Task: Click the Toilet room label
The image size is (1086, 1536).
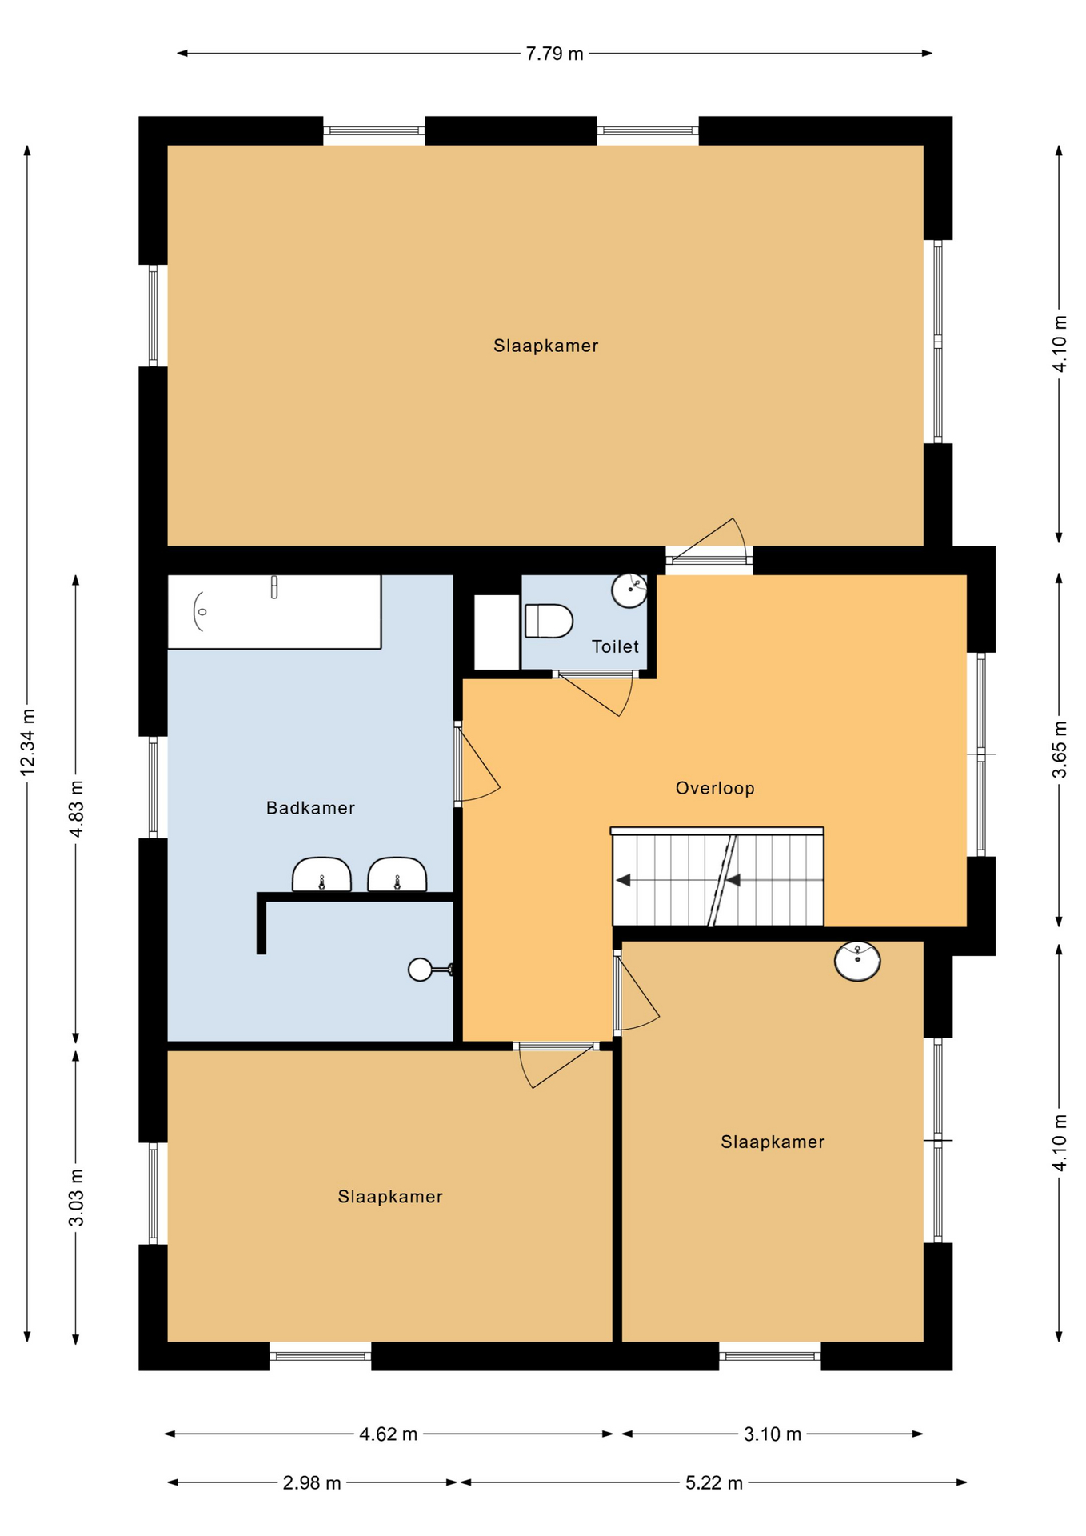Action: click(615, 646)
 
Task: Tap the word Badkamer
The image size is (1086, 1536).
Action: click(310, 808)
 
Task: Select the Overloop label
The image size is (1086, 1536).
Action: click(715, 788)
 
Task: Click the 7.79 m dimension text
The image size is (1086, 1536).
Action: click(554, 54)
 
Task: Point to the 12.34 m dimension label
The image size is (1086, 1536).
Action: click(27, 742)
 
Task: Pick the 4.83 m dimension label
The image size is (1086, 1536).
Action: click(76, 809)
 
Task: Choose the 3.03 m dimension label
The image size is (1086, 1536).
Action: click(76, 1198)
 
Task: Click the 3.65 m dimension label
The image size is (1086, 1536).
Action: click(1060, 749)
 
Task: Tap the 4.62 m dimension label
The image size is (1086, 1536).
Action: click(389, 1434)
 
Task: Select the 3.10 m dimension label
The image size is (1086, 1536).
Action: click(773, 1434)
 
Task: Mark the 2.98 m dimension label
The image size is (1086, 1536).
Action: click(312, 1483)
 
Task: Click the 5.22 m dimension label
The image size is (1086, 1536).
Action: click(714, 1483)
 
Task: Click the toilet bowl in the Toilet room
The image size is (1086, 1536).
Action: click(549, 621)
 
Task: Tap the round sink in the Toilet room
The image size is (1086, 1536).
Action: click(629, 590)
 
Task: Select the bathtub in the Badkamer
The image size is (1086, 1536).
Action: click(273, 612)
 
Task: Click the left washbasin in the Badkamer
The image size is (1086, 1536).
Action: click(321, 874)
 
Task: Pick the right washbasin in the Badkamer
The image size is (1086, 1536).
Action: click(397, 874)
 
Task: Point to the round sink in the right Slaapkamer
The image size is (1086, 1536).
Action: click(857, 960)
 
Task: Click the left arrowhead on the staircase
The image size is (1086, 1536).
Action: click(623, 880)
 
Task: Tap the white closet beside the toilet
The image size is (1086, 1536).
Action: click(497, 632)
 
